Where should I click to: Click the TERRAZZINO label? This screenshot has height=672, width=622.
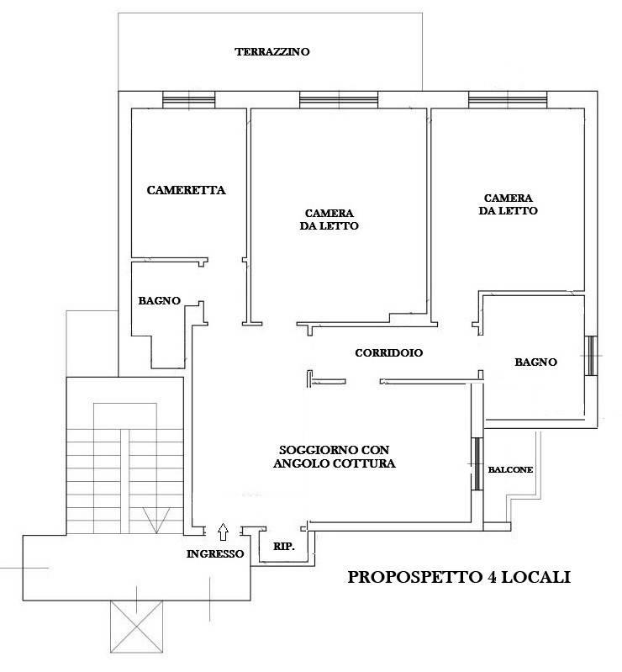click(x=272, y=52)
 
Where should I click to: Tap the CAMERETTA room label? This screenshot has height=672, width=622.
click(x=186, y=190)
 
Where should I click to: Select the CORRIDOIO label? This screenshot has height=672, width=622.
click(x=388, y=352)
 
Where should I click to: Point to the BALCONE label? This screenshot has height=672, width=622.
click(x=510, y=469)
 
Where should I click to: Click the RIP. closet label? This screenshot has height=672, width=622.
click(x=284, y=547)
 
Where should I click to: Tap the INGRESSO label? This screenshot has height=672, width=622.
click(x=215, y=553)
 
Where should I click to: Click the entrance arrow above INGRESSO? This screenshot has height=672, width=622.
click(x=223, y=532)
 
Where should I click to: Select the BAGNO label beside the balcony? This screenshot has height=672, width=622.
click(x=535, y=362)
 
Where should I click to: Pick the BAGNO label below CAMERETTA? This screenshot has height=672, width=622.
click(x=159, y=301)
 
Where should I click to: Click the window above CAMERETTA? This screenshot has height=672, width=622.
click(x=189, y=100)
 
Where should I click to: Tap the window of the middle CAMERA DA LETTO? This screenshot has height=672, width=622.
click(x=339, y=100)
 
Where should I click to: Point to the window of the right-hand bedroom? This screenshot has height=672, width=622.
click(x=508, y=100)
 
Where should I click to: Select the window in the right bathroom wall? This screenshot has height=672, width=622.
click(x=591, y=356)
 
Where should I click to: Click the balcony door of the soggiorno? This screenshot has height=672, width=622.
click(x=477, y=463)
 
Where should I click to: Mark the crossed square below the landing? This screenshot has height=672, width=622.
click(x=136, y=626)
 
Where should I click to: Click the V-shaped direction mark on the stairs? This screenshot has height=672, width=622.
click(x=156, y=521)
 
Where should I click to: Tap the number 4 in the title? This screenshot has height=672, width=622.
click(x=492, y=577)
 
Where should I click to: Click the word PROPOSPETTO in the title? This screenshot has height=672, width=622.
click(x=414, y=577)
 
